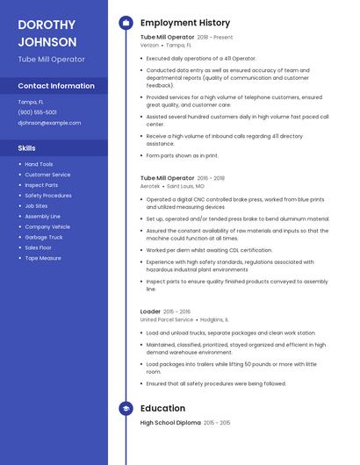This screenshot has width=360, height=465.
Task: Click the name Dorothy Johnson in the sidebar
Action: coord(47,32)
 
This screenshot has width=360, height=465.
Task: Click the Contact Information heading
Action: coord(56,86)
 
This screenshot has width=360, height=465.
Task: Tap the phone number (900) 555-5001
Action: coord(37,112)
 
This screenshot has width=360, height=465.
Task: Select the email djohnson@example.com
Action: coord(49,123)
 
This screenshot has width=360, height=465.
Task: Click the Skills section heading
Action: coord(26,148)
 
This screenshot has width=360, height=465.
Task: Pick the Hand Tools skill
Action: coord(39,164)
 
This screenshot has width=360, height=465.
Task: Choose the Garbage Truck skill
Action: coord(43,238)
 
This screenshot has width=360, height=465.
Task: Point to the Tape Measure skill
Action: coord(43,258)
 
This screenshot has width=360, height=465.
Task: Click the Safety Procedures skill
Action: coord(48,196)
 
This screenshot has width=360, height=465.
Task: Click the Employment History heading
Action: coord(185,23)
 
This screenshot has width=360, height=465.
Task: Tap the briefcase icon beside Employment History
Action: coord(126,23)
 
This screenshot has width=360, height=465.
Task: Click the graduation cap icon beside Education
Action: coord(126,408)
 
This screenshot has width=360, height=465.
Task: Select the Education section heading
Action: coord(162,408)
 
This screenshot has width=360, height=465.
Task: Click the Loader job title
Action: coord(150,311)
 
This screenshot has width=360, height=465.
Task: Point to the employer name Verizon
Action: coord(150,45)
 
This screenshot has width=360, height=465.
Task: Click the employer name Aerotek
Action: coord(150,186)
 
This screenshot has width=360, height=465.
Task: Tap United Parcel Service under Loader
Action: coord(167,319)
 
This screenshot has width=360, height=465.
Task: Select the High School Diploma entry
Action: coord(170,423)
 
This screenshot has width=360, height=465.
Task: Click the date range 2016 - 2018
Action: coord(211,178)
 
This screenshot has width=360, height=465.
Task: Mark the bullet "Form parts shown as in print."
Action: coord(182,155)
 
